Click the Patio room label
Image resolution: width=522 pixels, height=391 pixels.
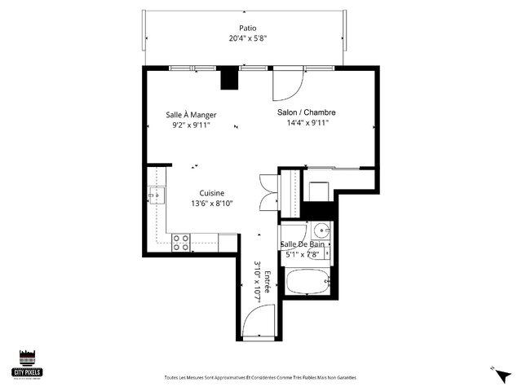[x=243, y=27]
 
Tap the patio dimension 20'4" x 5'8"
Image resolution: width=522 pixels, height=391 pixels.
[x=243, y=37]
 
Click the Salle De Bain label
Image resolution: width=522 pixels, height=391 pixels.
[x=303, y=244]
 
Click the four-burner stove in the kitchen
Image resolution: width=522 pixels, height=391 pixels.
[x=181, y=241]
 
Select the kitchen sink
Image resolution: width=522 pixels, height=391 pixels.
[x=156, y=195]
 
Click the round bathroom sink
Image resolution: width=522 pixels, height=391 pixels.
[x=320, y=230]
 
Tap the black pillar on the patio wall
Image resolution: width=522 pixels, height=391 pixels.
[x=229, y=79]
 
